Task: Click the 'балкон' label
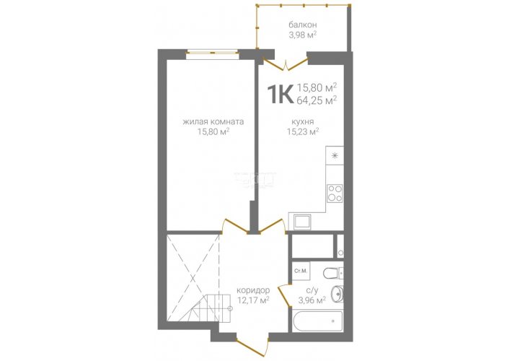(302, 25)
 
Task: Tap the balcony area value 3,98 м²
(302, 35)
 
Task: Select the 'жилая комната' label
(213, 122)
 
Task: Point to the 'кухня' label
(303, 122)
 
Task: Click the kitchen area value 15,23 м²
(303, 131)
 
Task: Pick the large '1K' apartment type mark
(281, 94)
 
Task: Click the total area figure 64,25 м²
(317, 100)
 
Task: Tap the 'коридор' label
(253, 290)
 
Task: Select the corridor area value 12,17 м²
(253, 300)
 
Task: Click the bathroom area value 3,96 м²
(312, 300)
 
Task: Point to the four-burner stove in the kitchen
(335, 193)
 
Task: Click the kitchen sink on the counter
(302, 222)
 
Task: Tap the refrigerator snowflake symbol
(335, 156)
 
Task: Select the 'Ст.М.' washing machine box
(301, 271)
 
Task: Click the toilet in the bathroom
(333, 272)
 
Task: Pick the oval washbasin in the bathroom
(336, 294)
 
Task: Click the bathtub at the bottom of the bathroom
(318, 321)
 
